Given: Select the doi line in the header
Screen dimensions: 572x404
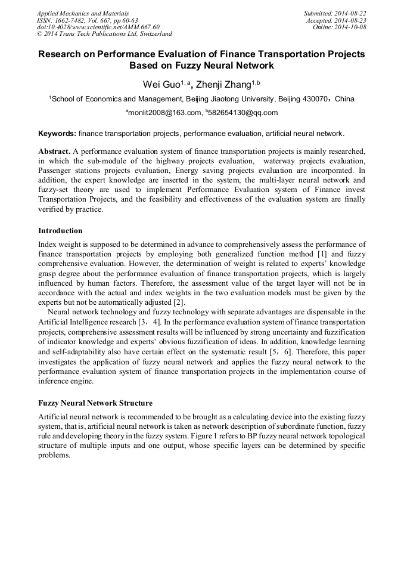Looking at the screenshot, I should point(98,27).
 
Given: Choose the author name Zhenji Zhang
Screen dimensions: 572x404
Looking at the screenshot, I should point(225,84).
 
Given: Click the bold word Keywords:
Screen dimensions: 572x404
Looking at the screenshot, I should point(57,133).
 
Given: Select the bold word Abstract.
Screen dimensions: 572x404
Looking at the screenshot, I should point(55,151).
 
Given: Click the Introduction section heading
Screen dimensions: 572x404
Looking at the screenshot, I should point(60,231).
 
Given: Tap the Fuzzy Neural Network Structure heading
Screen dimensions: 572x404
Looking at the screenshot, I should point(95,403).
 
